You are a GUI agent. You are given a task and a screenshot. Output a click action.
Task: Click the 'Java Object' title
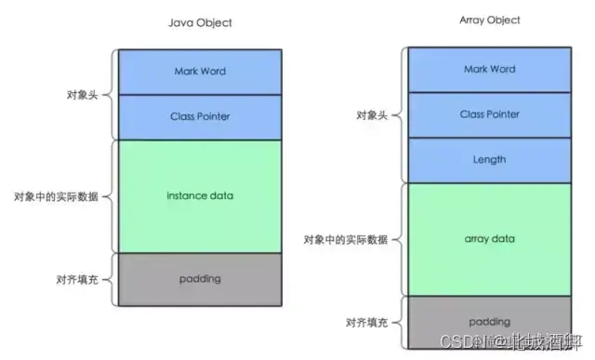(200, 21)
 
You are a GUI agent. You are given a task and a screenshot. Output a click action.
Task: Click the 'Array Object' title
(489, 20)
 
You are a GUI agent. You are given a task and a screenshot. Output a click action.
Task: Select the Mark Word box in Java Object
(200, 72)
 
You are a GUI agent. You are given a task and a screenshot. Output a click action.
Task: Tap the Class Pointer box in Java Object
(200, 116)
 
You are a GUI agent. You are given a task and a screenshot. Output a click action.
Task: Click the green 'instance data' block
(200, 195)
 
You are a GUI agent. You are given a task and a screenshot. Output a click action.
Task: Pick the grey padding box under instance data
(200, 279)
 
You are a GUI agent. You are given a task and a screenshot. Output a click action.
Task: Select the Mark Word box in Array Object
(489, 70)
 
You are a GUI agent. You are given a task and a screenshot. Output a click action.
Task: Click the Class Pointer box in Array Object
(489, 114)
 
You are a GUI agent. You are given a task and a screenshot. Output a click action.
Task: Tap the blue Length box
(489, 160)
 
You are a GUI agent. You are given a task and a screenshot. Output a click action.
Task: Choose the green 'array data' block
(489, 239)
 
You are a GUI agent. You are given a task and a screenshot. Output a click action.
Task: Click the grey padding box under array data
(489, 321)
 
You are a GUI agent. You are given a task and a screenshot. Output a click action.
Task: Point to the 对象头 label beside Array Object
(373, 115)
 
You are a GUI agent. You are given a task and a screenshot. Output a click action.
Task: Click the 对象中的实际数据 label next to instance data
(55, 196)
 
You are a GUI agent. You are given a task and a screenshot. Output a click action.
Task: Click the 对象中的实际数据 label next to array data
(345, 239)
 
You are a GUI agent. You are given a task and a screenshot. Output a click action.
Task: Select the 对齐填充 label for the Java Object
(79, 279)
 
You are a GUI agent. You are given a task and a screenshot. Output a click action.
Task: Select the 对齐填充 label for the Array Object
(367, 323)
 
